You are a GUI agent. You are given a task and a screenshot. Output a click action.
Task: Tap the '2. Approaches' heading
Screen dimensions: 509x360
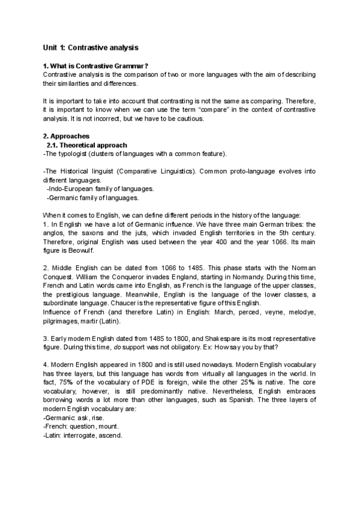click(x=67, y=136)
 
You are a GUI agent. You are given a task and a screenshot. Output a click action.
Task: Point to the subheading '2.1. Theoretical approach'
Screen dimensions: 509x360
click(x=86, y=145)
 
